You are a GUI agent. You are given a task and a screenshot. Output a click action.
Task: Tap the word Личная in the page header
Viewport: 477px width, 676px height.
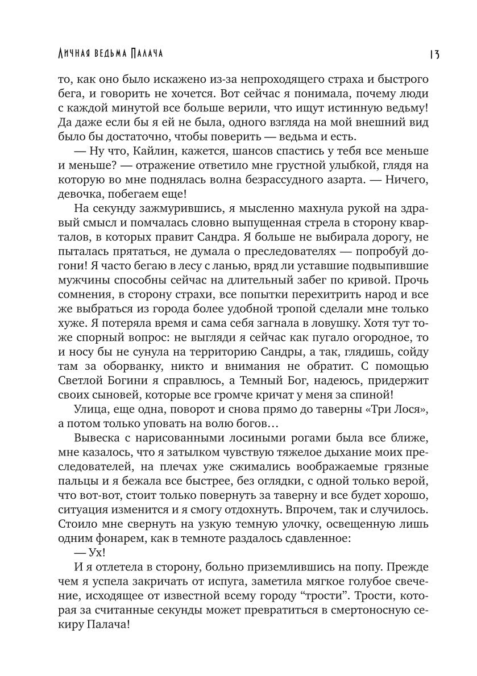[x=74, y=53]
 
